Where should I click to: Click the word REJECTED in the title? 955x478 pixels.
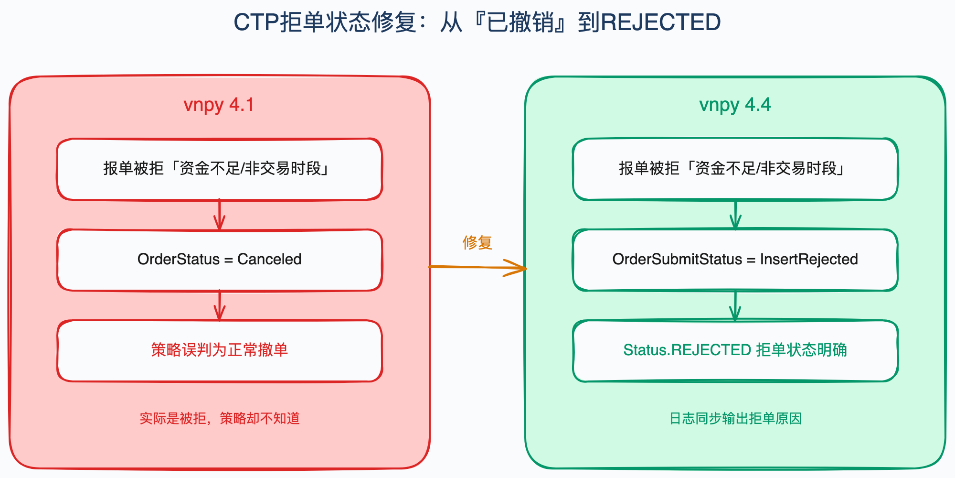click(661, 22)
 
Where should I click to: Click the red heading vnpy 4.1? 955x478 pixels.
click(219, 105)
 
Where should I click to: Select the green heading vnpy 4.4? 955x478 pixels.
click(735, 105)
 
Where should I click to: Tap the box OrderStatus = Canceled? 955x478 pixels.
click(220, 260)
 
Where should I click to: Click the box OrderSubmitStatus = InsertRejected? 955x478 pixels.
click(735, 260)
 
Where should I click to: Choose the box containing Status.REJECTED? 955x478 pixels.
click(735, 351)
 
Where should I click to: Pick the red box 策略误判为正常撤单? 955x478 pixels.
click(220, 351)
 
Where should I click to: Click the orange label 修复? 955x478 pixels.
click(477, 242)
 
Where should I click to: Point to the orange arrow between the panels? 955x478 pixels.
click(477, 267)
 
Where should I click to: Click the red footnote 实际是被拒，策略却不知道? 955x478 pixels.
click(220, 418)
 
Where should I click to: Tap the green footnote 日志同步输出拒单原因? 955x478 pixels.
click(735, 418)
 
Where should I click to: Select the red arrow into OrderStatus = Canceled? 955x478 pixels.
click(220, 215)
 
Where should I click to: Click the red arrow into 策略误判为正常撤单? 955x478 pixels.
click(220, 305)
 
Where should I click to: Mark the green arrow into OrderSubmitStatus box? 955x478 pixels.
click(735, 215)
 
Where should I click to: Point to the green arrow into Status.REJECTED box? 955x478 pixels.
click(735, 305)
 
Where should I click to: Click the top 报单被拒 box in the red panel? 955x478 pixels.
click(220, 169)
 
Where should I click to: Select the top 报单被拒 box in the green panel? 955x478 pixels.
click(735, 169)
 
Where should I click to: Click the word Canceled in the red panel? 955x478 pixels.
click(269, 259)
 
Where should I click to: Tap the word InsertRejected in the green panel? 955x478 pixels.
click(809, 259)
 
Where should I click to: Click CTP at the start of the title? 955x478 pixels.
click(256, 22)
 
